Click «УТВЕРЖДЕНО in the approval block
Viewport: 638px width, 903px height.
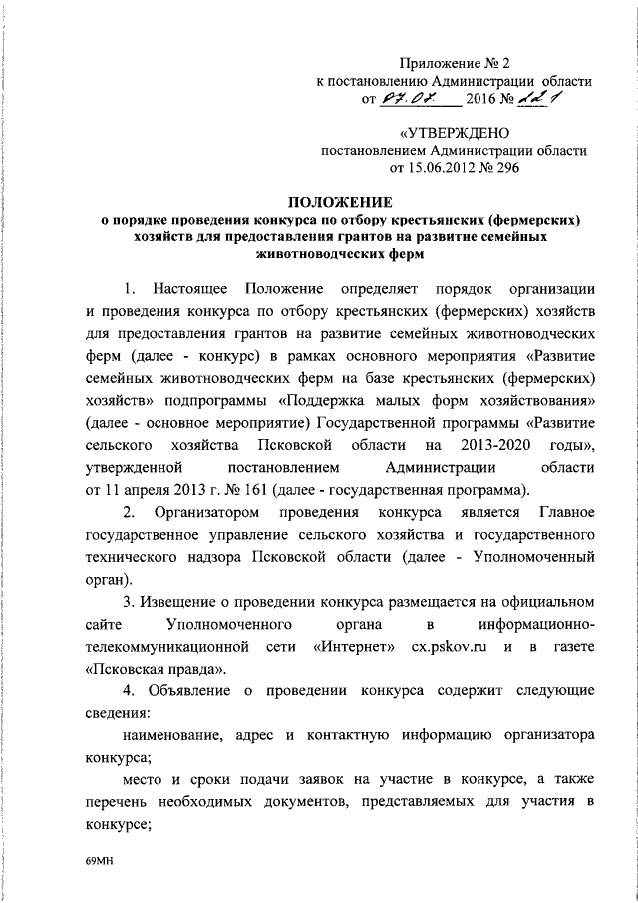tap(454, 133)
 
